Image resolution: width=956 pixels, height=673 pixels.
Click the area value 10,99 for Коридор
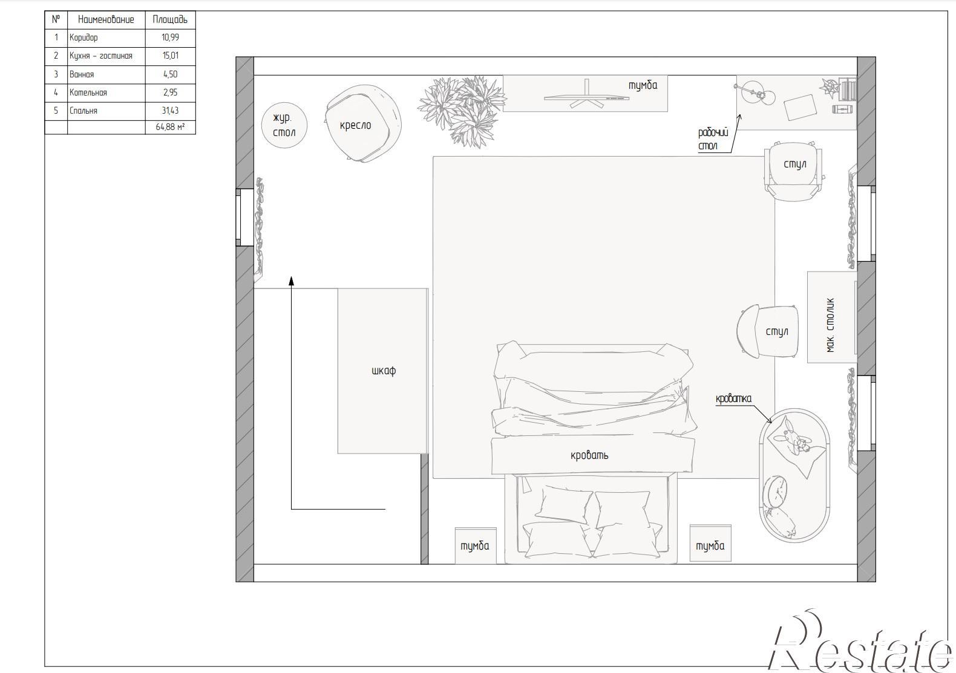(170, 37)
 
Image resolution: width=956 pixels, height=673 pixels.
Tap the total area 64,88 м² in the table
(170, 127)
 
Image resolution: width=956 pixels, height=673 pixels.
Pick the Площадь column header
(170, 19)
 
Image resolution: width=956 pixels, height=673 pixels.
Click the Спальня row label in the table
(83, 111)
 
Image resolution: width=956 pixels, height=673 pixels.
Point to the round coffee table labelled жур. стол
(284, 125)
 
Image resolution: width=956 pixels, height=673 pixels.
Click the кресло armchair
(363, 123)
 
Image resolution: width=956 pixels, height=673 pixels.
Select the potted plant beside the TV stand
(462, 111)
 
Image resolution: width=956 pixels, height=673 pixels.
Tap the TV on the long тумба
(586, 96)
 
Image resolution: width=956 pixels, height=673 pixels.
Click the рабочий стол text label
(713, 140)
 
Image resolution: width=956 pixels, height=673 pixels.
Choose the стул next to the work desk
(793, 172)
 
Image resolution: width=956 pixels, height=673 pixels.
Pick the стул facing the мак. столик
(768, 331)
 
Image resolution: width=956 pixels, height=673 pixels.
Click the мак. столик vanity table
(832, 317)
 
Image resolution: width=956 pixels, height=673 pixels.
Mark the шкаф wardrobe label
(384, 371)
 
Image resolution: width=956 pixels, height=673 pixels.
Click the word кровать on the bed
(589, 455)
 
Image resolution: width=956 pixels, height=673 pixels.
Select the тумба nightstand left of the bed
(476, 546)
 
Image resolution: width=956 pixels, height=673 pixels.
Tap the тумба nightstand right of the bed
(710, 543)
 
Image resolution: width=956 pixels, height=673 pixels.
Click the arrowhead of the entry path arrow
(292, 280)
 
